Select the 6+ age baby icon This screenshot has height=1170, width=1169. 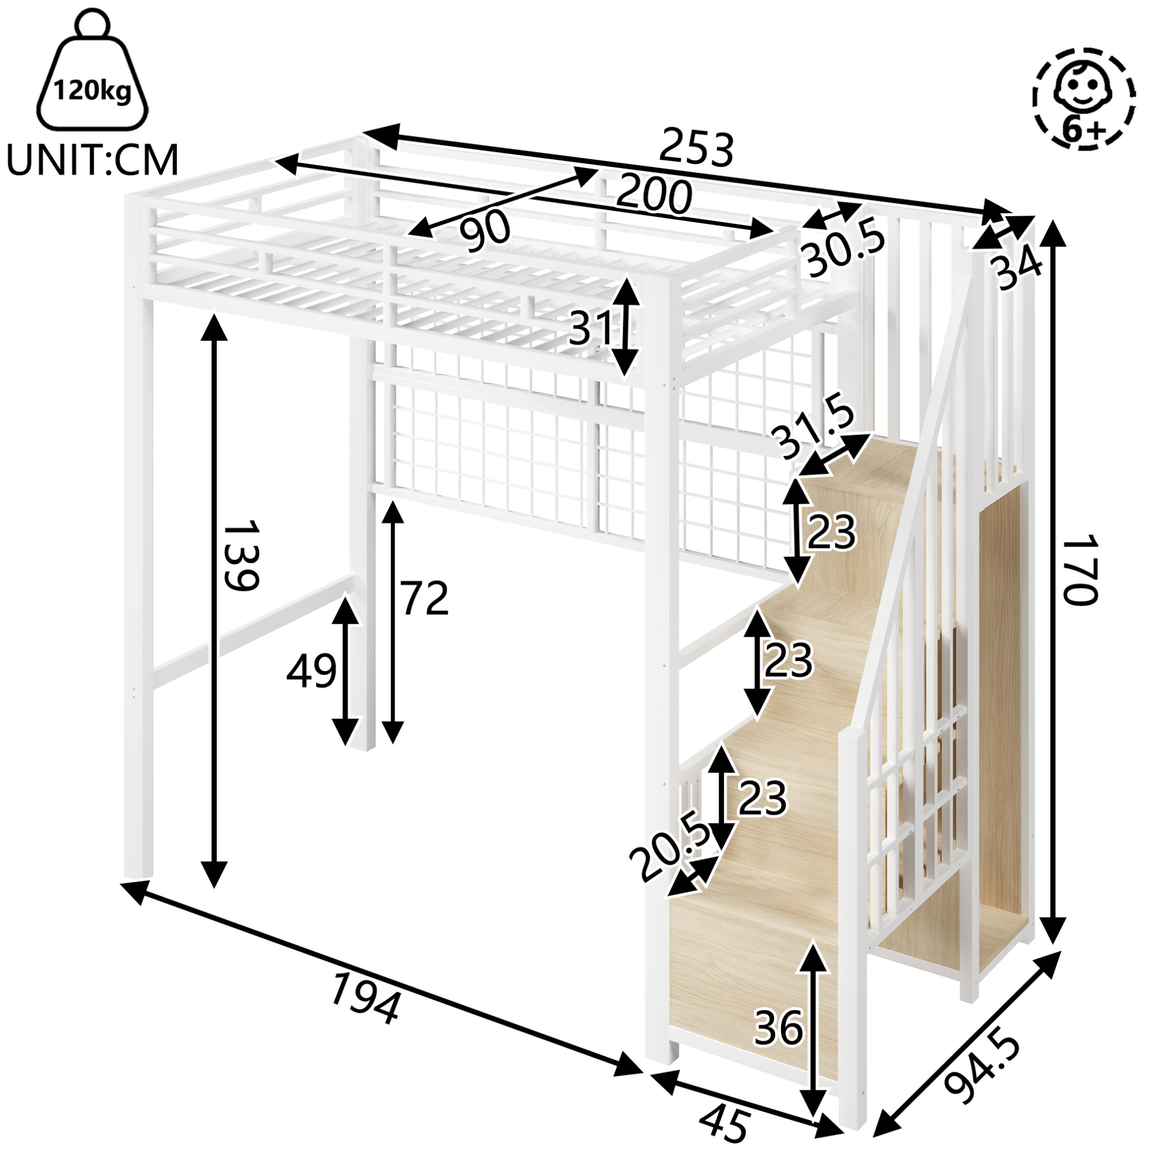pos(1084,97)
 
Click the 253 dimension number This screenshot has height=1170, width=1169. pos(697,148)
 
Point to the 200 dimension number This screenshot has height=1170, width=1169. pos(655,194)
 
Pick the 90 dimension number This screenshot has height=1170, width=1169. pos(485,232)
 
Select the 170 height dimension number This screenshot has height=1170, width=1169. pos(1080,569)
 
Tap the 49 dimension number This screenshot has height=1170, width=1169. pos(311,671)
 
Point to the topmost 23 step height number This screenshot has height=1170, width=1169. pos(832,532)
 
